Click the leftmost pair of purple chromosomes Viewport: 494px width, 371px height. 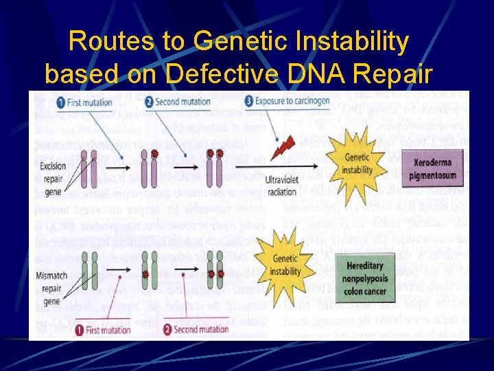pyautogui.click(x=89, y=169)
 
